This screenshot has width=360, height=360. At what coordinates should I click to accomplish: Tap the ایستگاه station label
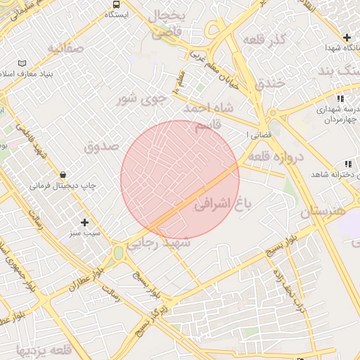click(117, 14)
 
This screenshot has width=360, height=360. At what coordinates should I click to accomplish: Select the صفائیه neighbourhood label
click(66, 48)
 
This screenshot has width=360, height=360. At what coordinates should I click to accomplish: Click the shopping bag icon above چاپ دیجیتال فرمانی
click(63, 174)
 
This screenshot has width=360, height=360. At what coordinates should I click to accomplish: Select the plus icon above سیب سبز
click(85, 222)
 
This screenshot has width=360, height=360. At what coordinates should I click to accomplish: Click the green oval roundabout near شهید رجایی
click(118, 252)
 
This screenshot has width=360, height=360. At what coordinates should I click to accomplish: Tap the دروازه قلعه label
click(275, 156)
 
